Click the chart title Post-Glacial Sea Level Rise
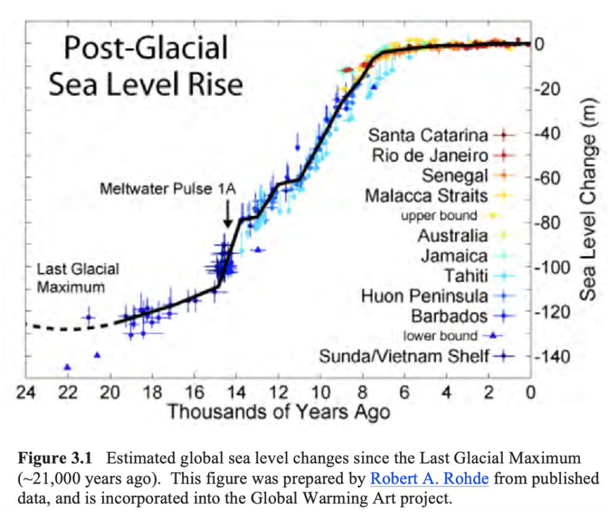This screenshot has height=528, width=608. coord(145,66)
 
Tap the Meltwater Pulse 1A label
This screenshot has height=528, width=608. coord(168,189)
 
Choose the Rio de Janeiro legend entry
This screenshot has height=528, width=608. coord(430,155)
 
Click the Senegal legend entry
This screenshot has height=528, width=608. coord(455,175)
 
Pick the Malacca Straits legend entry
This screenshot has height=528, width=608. coord(426,195)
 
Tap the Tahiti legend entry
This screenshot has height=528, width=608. coord(465,275)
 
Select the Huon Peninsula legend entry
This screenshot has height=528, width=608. coord(425,296)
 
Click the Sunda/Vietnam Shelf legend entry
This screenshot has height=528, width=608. coord(404,356)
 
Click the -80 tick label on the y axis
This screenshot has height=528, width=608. coord(547,223)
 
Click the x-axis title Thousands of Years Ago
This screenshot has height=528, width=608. coord(278,411)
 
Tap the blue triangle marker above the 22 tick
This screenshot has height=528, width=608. coord(67,367)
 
